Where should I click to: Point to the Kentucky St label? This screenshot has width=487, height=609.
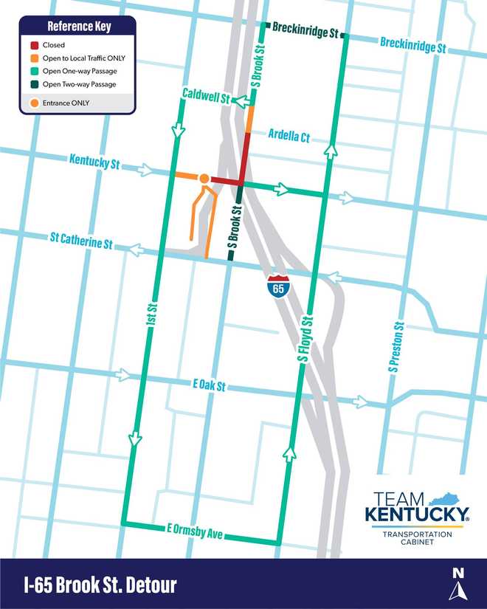pyautogui.click(x=94, y=162)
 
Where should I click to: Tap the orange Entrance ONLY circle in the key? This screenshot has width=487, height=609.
pyautogui.click(x=34, y=103)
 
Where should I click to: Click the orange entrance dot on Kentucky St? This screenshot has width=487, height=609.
pyautogui.click(x=204, y=178)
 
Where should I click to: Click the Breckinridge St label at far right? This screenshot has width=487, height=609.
pyautogui.click(x=413, y=45)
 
